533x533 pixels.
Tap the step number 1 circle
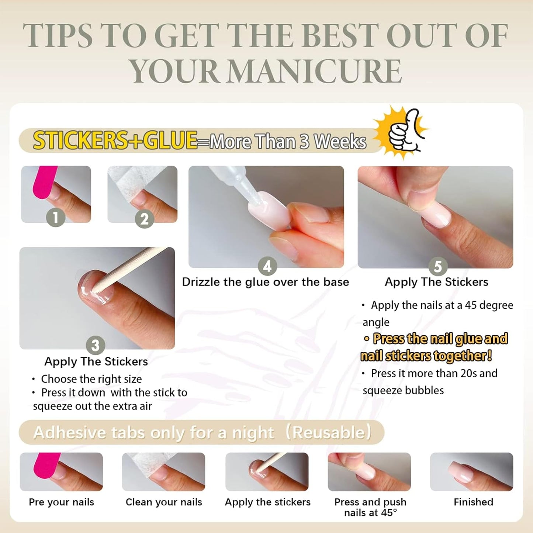point(56,217)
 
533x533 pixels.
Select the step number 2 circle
point(144,219)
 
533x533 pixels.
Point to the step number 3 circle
point(96,345)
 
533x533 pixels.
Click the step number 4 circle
point(267,266)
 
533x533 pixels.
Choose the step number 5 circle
point(438,266)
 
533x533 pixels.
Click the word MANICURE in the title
point(315,71)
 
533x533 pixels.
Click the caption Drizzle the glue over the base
point(266,282)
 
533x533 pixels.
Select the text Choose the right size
point(91,379)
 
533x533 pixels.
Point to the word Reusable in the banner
point(329,433)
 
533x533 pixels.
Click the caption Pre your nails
point(61,502)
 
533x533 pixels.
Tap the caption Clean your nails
point(164,502)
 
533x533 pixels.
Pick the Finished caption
point(473,502)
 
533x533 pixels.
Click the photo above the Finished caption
point(472,472)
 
